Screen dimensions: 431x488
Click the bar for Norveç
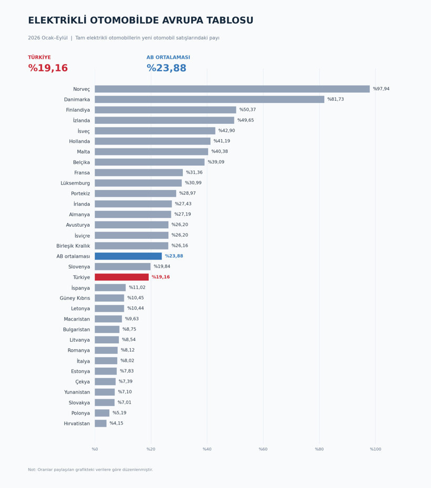click(x=232, y=89)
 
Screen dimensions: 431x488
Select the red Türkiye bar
click(x=121, y=277)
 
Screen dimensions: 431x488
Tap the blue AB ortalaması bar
click(x=128, y=256)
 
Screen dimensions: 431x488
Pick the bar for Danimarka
click(x=209, y=99)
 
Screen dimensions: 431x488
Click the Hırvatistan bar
click(x=101, y=423)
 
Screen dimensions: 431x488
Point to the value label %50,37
click(x=248, y=110)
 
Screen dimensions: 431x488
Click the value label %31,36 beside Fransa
click(x=194, y=173)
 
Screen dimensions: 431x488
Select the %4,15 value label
click(x=116, y=423)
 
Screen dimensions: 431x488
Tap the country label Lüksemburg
click(x=75, y=183)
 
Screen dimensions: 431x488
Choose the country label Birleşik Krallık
click(x=73, y=246)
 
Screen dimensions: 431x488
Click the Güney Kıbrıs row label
click(x=75, y=298)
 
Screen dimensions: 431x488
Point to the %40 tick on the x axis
click(x=207, y=449)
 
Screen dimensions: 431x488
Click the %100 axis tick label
click(x=375, y=449)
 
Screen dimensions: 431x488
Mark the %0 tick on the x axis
click(x=95, y=449)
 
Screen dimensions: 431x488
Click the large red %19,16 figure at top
click(x=48, y=68)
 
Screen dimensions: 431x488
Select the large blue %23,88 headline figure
click(x=167, y=68)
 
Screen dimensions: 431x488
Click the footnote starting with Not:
click(x=90, y=470)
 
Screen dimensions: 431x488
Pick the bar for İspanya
click(x=110, y=288)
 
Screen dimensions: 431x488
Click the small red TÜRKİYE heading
click(x=39, y=57)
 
